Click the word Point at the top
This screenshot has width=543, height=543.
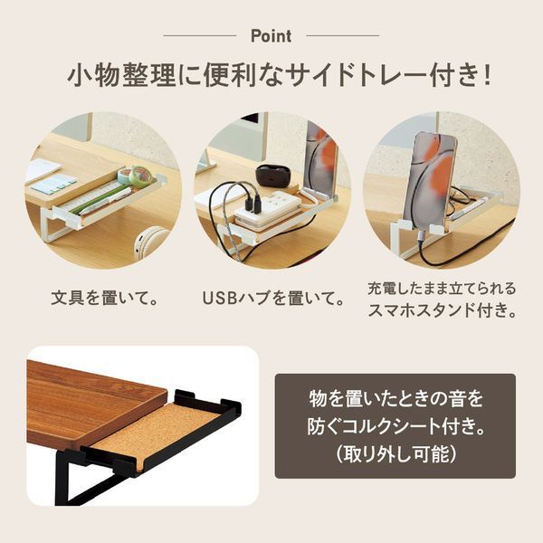pos(271,36)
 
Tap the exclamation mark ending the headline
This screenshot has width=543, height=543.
pos(486,75)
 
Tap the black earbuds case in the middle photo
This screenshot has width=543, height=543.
pos(272,175)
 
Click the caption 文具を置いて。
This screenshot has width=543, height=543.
pos(103,298)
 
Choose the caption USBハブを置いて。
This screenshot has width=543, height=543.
pos(272,298)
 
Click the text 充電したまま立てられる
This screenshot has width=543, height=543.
pos(441,289)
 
